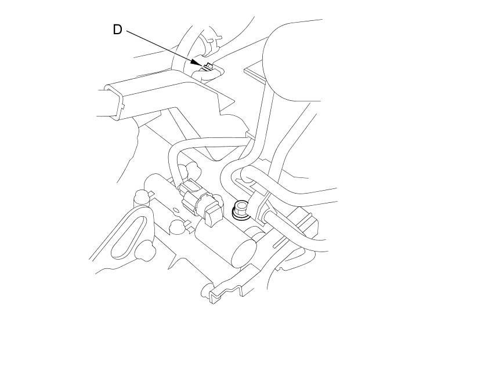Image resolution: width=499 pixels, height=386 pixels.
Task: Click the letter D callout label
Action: [117, 30]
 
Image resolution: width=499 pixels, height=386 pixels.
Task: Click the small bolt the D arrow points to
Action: [208, 66]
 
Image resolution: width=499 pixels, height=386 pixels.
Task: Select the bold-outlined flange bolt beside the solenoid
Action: [240, 209]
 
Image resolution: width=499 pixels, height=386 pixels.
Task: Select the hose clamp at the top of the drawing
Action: [212, 45]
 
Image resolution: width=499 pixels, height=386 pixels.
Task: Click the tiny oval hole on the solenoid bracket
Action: [175, 210]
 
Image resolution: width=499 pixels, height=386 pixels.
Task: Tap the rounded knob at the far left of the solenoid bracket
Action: [140, 198]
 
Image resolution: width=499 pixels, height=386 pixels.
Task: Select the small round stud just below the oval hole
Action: [176, 226]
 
